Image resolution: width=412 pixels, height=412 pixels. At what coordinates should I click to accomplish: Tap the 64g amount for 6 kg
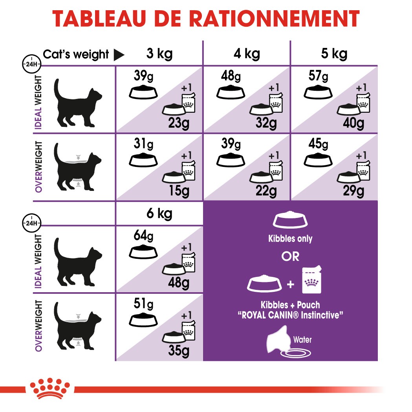[x=143, y=237]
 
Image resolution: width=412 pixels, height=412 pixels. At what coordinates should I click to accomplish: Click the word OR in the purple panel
[x=290, y=256]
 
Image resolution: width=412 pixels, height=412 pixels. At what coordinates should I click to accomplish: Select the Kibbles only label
[x=290, y=239]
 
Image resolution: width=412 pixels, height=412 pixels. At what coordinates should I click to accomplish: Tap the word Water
[x=302, y=339]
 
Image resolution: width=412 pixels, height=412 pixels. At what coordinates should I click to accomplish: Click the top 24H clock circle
[x=31, y=63]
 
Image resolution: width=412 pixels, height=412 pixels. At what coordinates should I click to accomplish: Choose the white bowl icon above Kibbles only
[x=290, y=221]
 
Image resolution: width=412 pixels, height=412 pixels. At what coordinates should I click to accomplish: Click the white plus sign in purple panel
[x=290, y=284]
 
